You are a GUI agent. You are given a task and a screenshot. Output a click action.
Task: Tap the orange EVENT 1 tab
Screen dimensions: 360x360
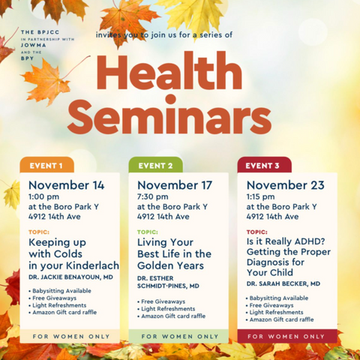pyautogui.click(x=46, y=166)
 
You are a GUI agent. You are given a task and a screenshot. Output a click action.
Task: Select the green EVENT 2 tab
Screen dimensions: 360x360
pyautogui.click(x=156, y=166)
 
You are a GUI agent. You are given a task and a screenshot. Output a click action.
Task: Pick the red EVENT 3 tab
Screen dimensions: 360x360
pyautogui.click(x=264, y=166)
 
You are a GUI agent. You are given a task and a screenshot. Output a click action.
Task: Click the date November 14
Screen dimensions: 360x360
pyautogui.click(x=67, y=185)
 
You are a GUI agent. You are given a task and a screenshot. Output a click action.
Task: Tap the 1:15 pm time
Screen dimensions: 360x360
pyautogui.click(x=260, y=196)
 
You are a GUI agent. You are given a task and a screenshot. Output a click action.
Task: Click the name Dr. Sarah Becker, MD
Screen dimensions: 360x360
pyautogui.click(x=283, y=284)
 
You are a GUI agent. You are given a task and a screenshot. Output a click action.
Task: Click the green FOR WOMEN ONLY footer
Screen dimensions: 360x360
pyautogui.click(x=178, y=337)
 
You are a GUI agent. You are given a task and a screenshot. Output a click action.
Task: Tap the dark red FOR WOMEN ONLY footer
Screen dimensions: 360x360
pyautogui.click(x=286, y=337)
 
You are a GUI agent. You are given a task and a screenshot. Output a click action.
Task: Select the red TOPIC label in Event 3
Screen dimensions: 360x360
pyautogui.click(x=256, y=232)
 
